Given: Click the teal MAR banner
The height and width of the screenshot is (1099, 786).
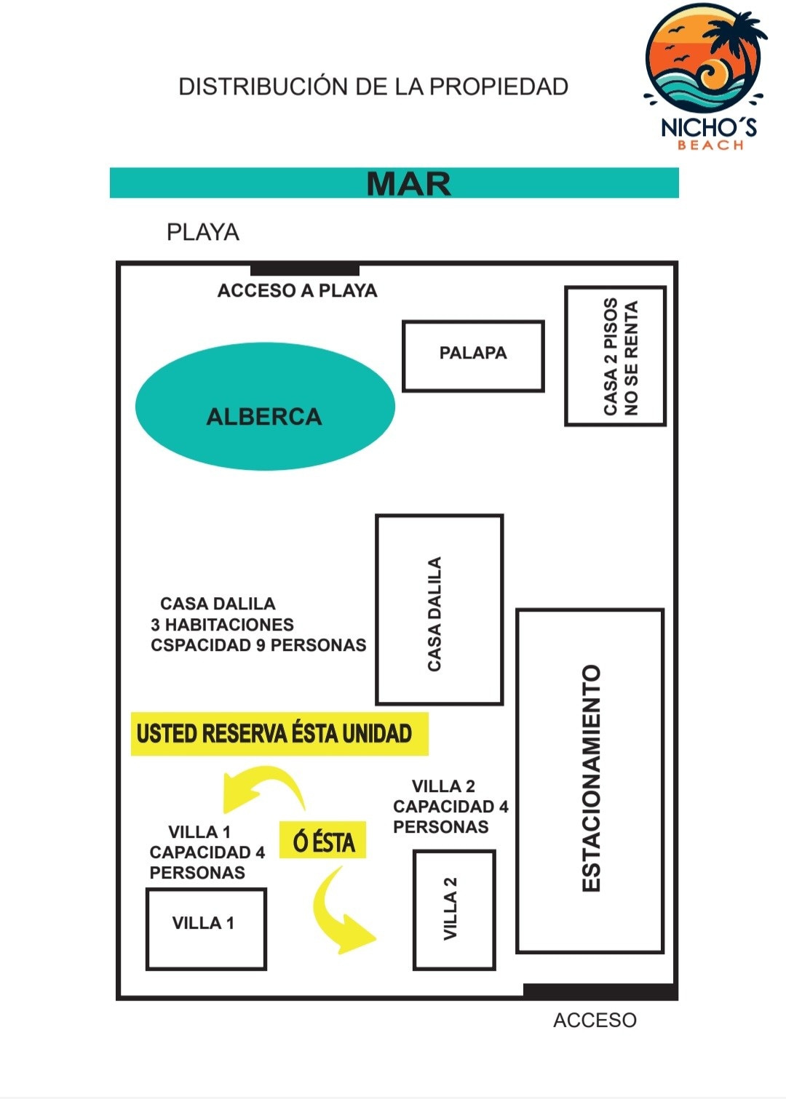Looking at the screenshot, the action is pos(394,183).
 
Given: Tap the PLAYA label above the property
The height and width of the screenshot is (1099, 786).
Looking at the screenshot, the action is pos(203,232).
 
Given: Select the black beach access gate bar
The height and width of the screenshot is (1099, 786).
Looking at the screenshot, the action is pos(305,270).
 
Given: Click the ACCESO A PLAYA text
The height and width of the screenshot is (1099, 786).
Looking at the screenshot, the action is pos(297,290).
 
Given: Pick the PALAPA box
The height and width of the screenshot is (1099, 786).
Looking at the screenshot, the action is pos(473,356).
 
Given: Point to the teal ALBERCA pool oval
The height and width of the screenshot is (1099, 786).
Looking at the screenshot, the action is pos(265,407).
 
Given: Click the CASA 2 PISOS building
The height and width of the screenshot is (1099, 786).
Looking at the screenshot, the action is pos(615,356).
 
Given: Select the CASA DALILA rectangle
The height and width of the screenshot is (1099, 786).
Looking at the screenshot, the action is pos(440,610).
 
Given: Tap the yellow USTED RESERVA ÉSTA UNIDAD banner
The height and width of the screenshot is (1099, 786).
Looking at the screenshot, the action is pos(279,733).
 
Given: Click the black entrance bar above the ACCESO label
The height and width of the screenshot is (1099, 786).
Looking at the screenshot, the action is pos(600,991).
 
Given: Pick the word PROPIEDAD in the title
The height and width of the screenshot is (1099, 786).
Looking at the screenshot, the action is pos(499,87).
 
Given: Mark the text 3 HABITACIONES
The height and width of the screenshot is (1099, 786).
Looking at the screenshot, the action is pos(222,625).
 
